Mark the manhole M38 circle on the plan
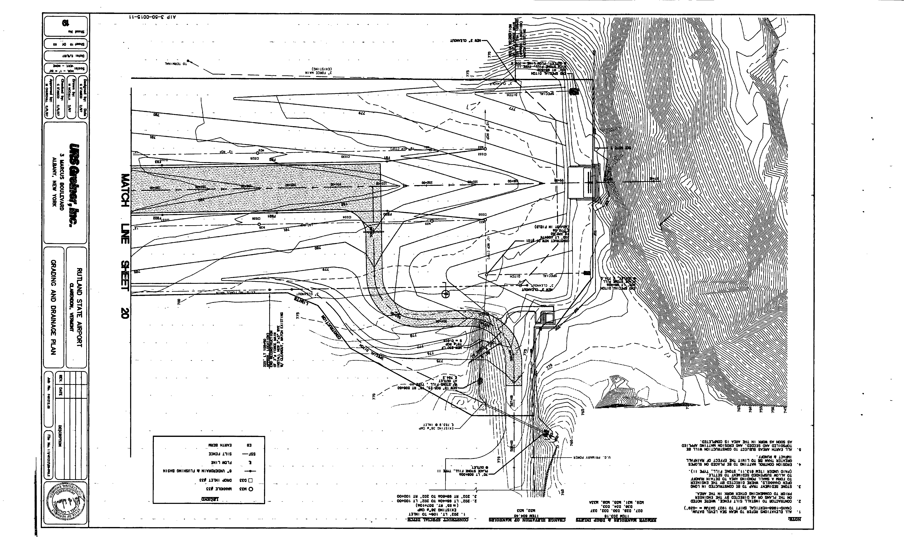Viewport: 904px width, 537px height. click(x=259, y=224)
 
